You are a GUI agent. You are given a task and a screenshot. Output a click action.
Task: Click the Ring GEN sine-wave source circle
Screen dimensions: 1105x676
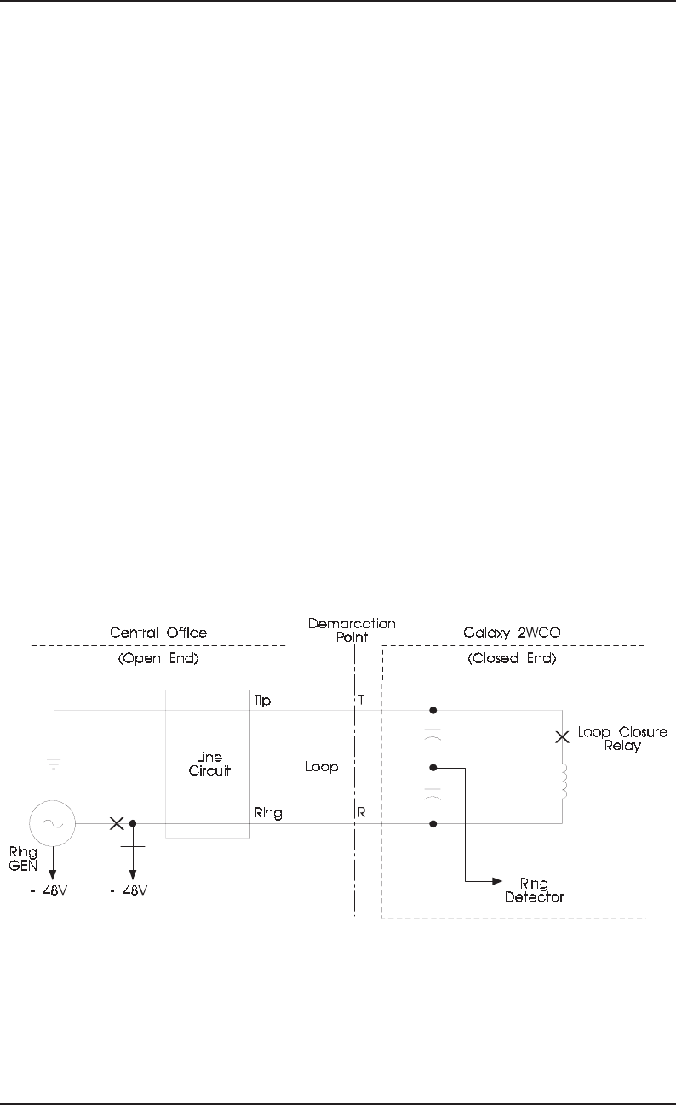tap(53, 823)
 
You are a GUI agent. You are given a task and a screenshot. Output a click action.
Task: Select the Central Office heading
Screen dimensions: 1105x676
tap(159, 633)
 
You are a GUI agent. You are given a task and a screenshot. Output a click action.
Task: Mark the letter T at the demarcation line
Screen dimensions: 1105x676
tap(362, 700)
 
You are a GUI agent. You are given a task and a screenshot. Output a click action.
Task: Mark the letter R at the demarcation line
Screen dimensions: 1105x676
tap(362, 814)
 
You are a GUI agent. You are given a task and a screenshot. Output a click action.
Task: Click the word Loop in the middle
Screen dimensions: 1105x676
tap(321, 767)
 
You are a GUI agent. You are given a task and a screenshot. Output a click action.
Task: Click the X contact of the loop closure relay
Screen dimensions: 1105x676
tap(562, 737)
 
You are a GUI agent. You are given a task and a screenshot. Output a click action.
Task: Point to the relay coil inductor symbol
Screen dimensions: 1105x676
tap(563, 782)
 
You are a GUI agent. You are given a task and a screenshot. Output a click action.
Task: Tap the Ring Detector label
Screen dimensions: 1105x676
tap(535, 890)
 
